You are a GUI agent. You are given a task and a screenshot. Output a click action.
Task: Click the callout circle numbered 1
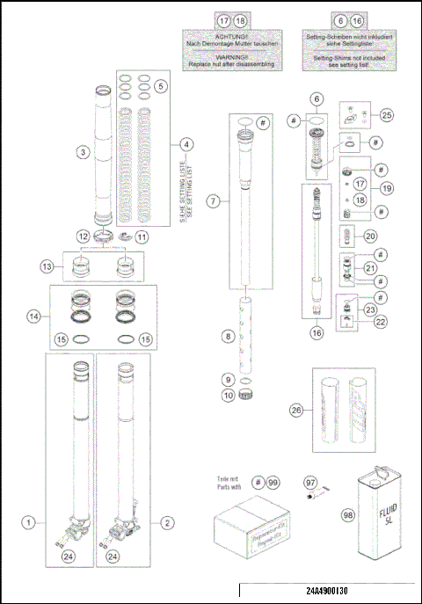tap(30, 522)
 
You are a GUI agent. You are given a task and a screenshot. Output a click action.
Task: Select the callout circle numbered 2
tap(167, 522)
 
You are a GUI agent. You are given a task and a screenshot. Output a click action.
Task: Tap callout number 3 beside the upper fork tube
tap(82, 152)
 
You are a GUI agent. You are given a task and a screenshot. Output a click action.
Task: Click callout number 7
tap(213, 201)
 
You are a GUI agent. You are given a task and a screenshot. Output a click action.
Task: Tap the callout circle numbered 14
tap(34, 315)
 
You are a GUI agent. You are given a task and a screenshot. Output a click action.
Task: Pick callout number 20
tap(370, 237)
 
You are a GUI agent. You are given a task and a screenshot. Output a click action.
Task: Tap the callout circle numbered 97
tap(309, 484)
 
